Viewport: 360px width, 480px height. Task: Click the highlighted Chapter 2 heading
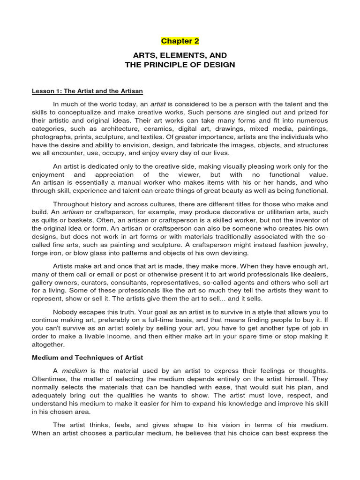(180, 41)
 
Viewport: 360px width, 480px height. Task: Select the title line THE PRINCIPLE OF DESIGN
(180, 65)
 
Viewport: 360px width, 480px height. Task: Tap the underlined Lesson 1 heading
(87, 91)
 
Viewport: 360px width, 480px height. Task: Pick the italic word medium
(74, 370)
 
